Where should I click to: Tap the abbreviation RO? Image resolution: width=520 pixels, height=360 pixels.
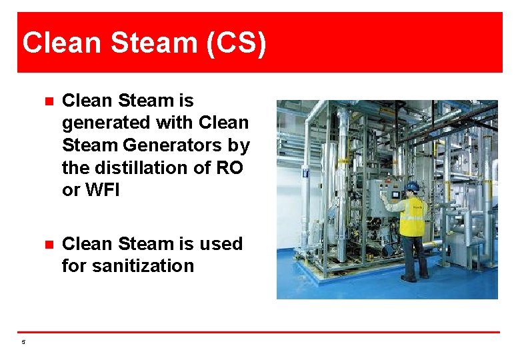(230, 167)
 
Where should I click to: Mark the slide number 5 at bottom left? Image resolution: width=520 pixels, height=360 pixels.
(23, 342)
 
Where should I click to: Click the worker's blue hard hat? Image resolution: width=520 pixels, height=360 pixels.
(413, 186)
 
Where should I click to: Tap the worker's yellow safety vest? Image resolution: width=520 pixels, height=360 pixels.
(411, 217)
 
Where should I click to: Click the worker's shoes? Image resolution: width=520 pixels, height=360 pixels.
(415, 277)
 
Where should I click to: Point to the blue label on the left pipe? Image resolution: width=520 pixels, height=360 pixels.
(305, 172)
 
